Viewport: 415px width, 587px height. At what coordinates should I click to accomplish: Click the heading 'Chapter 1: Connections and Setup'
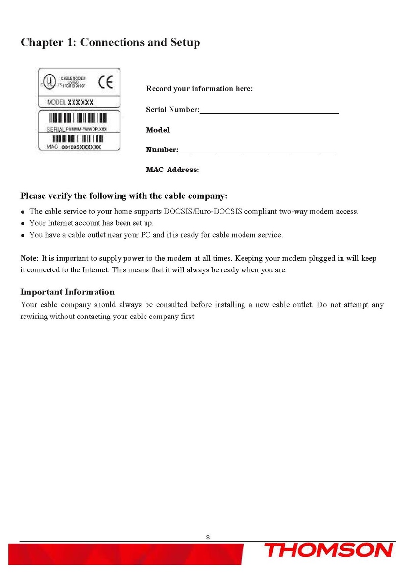pyautogui.click(x=110, y=42)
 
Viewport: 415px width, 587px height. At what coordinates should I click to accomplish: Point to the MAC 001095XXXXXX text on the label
pyautogui.click(x=74, y=147)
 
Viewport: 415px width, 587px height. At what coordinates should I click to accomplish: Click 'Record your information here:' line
pyautogui.click(x=199, y=89)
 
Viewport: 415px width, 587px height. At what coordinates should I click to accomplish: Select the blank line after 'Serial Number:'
pyautogui.click(x=269, y=113)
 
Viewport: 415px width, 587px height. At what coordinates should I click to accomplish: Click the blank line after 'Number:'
pyautogui.click(x=257, y=152)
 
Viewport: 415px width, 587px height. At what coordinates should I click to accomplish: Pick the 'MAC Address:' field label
pyautogui.click(x=172, y=170)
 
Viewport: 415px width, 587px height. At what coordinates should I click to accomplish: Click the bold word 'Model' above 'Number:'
pyautogui.click(x=158, y=130)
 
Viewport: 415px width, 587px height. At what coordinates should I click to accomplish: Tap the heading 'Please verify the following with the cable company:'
pyautogui.click(x=124, y=196)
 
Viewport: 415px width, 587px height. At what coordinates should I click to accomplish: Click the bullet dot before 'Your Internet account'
pyautogui.click(x=23, y=224)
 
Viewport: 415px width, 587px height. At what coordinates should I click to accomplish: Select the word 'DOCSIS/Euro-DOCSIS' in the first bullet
pyautogui.click(x=194, y=212)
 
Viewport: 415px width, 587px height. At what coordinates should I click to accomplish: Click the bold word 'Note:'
pyautogui.click(x=29, y=258)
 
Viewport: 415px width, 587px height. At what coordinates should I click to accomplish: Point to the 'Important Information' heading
pyautogui.click(x=67, y=292)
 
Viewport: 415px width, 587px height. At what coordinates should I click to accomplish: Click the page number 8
pyautogui.click(x=208, y=537)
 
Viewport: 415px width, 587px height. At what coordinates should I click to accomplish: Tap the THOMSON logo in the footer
pyautogui.click(x=329, y=551)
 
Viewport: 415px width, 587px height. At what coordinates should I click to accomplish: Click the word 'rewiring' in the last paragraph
pyautogui.click(x=34, y=317)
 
